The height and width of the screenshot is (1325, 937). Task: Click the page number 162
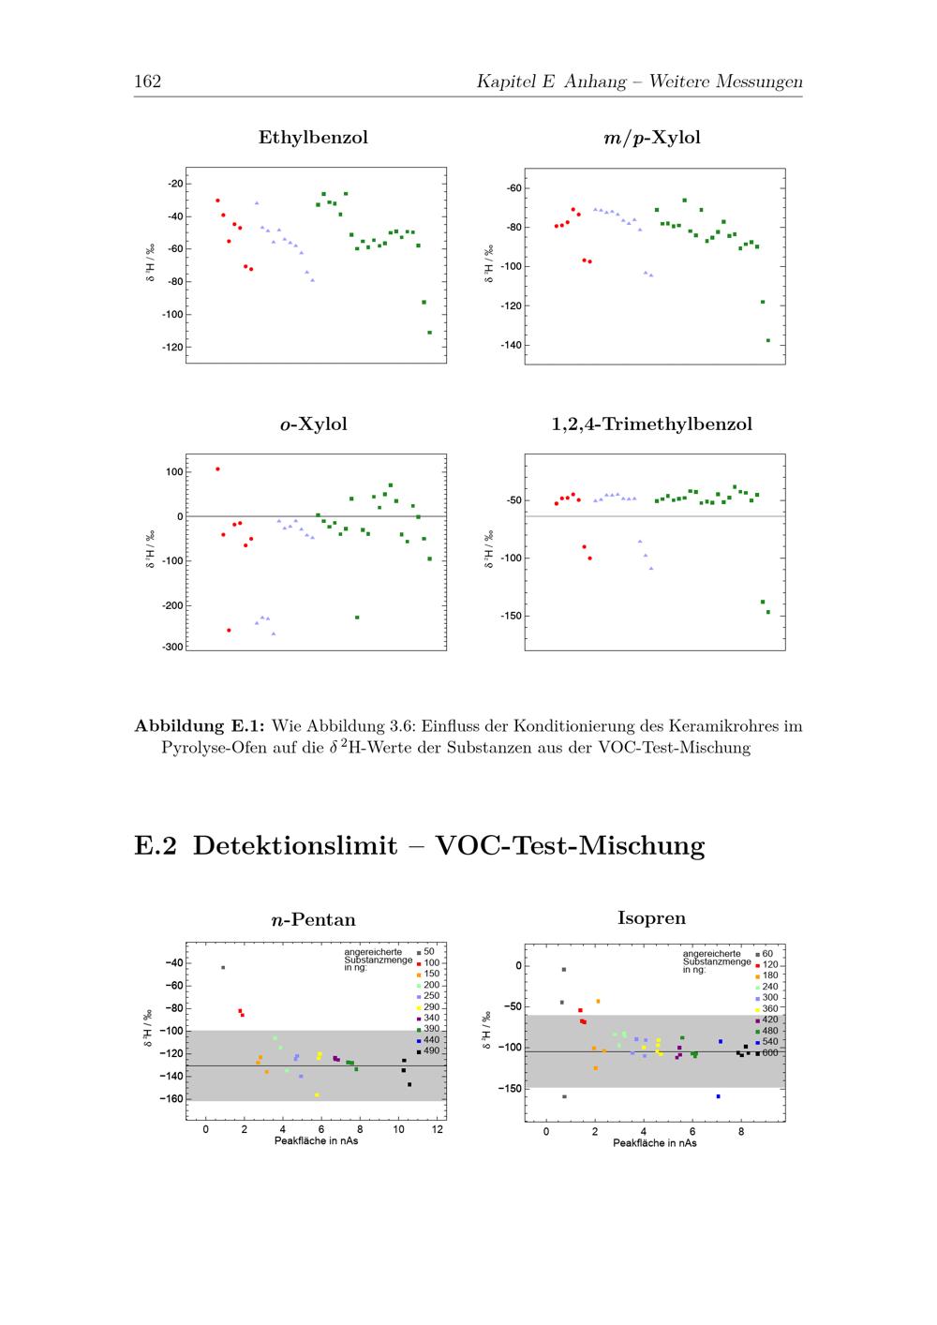click(x=147, y=81)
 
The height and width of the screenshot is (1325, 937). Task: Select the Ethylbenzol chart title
click(x=313, y=137)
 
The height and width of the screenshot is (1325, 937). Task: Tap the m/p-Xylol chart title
click(x=652, y=138)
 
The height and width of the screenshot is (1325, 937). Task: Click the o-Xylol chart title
click(x=314, y=424)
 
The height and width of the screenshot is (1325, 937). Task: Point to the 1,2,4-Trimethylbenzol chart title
click(x=652, y=424)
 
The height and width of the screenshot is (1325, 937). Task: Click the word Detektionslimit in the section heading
click(x=295, y=845)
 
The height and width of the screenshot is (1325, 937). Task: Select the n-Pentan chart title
click(x=314, y=920)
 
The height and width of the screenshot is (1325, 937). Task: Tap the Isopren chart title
click(x=652, y=918)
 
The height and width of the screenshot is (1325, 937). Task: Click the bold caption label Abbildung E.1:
click(x=200, y=726)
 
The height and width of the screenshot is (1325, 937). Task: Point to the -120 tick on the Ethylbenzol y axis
click(x=172, y=348)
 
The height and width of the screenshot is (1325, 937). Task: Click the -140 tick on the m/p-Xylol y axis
click(x=511, y=345)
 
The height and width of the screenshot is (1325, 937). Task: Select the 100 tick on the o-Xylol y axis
click(x=174, y=472)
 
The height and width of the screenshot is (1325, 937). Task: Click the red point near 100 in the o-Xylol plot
click(x=217, y=469)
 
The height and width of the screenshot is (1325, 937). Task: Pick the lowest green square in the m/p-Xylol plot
click(x=768, y=341)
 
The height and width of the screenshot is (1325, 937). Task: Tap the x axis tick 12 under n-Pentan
click(x=438, y=1129)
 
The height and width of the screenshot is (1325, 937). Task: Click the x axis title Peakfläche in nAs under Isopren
click(x=654, y=1143)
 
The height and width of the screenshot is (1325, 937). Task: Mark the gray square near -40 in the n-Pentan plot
click(x=223, y=968)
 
